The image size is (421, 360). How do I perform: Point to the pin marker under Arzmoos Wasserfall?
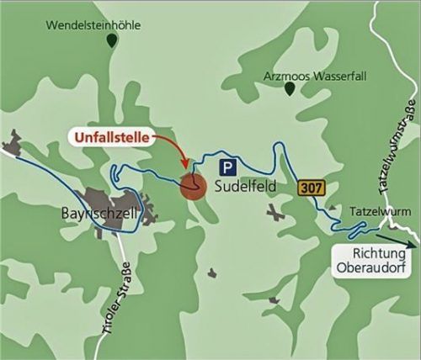pyautogui.click(x=290, y=87)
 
